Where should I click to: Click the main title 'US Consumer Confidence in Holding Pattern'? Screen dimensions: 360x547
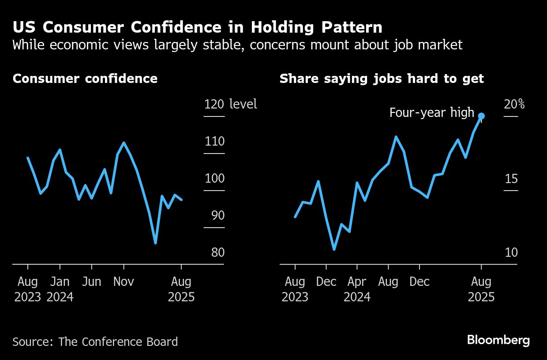(197, 27)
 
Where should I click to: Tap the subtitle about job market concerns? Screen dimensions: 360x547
(237, 45)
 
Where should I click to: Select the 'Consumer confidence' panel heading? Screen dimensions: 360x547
(85, 79)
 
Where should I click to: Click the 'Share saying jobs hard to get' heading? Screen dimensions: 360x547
(382, 79)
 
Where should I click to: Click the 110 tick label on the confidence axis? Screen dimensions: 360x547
(214, 142)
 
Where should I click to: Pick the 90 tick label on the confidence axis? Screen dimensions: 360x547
(214, 216)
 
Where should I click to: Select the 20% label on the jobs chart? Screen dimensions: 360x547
(514, 104)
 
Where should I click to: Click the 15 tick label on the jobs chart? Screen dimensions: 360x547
(511, 179)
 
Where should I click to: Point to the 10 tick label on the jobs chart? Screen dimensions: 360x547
(511, 253)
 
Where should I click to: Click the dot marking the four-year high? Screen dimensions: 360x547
(481, 116)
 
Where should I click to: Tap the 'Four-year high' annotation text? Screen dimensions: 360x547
(431, 112)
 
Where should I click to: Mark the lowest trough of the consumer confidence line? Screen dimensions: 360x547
(155, 243)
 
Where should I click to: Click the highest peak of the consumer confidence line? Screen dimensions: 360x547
(124, 143)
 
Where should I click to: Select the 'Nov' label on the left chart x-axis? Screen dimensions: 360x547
(124, 281)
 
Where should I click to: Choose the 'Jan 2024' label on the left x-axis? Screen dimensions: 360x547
(60, 289)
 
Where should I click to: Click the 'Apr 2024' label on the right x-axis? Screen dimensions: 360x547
(357, 289)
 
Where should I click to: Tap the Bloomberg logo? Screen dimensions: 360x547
(498, 340)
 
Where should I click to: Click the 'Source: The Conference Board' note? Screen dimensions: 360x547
(95, 341)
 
